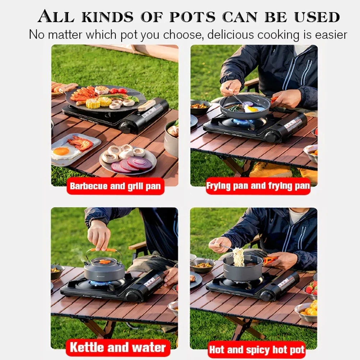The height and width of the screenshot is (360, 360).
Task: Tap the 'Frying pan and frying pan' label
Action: coord(258,186)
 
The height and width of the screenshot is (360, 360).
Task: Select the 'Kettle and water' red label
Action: coord(118,347)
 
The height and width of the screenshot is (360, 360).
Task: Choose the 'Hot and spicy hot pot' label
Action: coord(257,350)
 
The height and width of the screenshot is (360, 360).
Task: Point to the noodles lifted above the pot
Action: coord(238,257)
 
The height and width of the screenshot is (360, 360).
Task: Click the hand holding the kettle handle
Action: coord(99,235)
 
